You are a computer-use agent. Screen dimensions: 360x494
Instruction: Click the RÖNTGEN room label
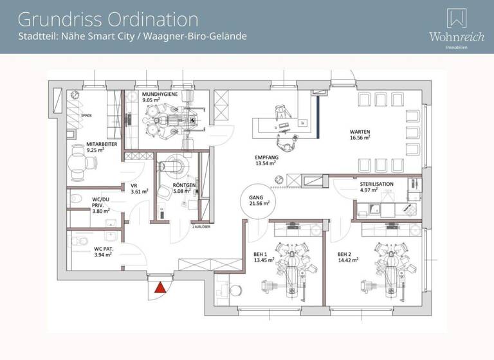point(185,187)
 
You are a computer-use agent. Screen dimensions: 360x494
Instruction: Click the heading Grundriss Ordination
point(108,19)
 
